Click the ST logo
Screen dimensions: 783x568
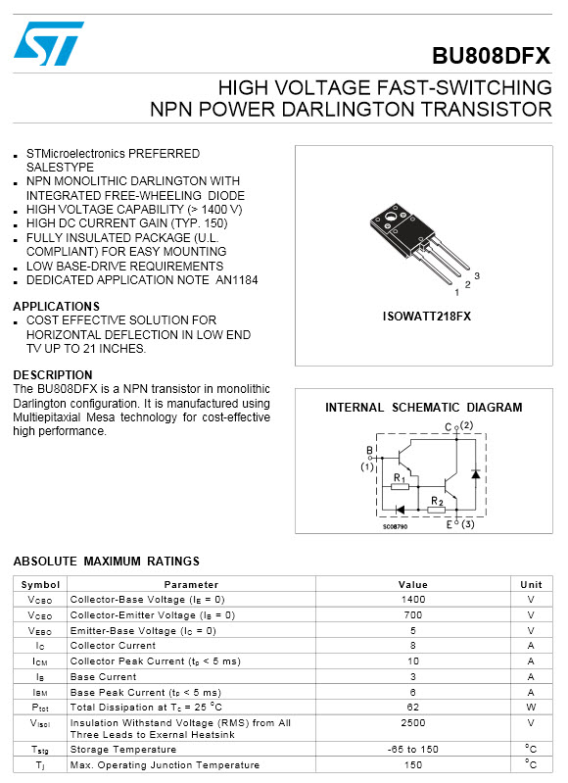coord(49,44)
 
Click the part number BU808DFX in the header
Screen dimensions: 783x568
coord(492,56)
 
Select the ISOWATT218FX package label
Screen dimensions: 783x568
coord(426,317)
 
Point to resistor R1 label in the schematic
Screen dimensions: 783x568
coord(399,477)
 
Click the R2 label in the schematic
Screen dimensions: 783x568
coord(437,501)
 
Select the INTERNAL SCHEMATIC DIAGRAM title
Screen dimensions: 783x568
coord(423,408)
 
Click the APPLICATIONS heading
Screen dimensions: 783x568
coord(56,307)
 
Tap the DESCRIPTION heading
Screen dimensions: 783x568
coord(53,375)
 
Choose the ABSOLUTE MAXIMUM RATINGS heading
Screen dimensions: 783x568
coord(106,562)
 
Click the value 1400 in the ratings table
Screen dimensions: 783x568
coord(413,599)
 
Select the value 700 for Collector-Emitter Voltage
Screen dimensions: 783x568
coord(413,615)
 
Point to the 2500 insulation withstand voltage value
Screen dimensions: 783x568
coord(413,723)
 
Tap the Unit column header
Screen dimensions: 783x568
coord(531,584)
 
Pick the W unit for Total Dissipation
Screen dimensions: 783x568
coord(531,707)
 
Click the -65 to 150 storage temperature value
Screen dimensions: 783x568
coord(413,749)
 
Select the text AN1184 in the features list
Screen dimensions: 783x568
coord(236,280)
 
